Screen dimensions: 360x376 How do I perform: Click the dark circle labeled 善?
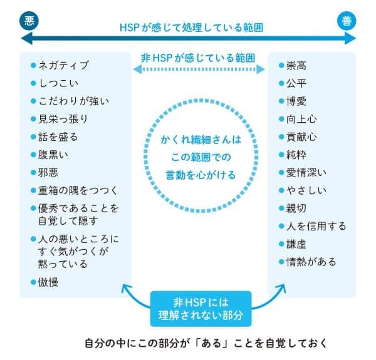(347, 21)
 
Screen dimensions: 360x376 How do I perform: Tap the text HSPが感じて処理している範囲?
(187, 28)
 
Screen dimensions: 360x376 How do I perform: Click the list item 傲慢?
(48, 282)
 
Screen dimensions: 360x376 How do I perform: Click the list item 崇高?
(296, 64)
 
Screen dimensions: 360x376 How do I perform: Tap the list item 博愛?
(296, 100)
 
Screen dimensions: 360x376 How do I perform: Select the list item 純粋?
(296, 153)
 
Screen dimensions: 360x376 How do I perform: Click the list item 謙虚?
(296, 243)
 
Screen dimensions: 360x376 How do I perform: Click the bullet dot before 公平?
(280, 83)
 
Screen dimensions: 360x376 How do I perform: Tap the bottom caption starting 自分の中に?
(205, 343)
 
